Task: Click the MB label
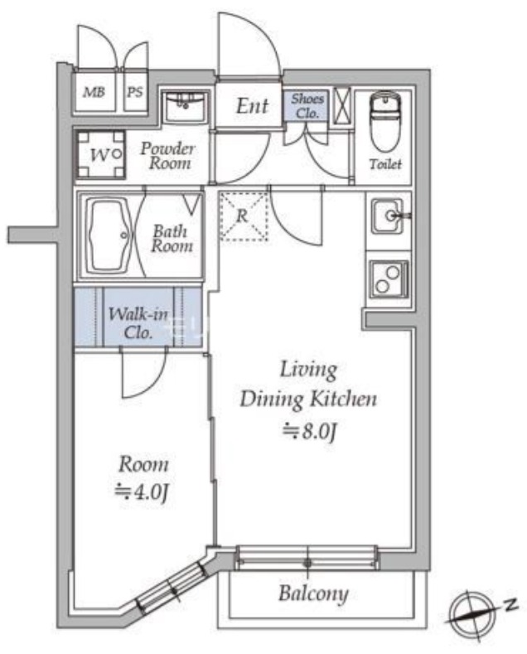point(94,92)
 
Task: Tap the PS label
point(135,92)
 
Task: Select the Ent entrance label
point(252,106)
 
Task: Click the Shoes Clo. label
point(307,106)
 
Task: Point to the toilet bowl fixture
point(385,121)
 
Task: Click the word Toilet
point(385,164)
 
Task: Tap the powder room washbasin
point(184,107)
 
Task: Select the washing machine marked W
point(100,154)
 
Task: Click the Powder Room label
point(168,156)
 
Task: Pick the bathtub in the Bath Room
point(109,235)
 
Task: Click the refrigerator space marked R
point(244,216)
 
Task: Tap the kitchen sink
point(389,216)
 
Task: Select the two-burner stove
point(388,279)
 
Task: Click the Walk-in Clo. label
point(138,323)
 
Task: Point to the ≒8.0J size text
point(309,431)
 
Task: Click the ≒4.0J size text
point(142,492)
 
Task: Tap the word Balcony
point(313,594)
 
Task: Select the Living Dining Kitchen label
point(308,384)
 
